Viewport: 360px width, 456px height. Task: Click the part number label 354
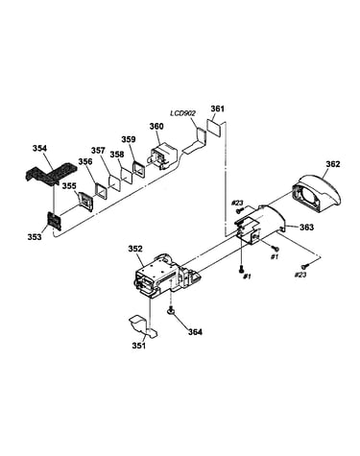pos(39,148)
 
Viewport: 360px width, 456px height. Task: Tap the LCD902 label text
pos(182,113)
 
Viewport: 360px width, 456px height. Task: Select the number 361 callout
pos(218,108)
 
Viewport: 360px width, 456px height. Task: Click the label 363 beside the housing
pos(306,228)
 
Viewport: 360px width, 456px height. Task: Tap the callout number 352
pos(135,249)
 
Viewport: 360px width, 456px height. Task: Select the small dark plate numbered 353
pos(54,221)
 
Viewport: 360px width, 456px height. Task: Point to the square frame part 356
pos(101,192)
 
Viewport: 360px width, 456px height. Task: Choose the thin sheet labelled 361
pos(213,127)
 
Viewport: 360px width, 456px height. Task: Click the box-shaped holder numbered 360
pos(163,156)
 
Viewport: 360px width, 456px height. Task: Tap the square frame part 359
pos(139,169)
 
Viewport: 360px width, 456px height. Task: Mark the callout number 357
pos(98,151)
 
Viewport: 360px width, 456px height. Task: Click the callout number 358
pos(116,155)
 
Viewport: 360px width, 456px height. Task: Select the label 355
pos(69,186)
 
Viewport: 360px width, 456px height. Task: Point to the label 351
pos(139,346)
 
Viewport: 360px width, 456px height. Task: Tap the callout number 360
pos(156,126)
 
